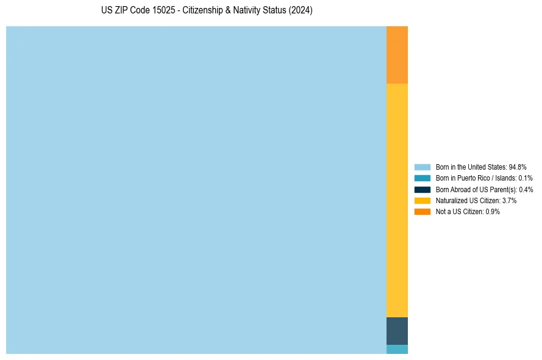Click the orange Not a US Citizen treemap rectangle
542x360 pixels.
(x=397, y=55)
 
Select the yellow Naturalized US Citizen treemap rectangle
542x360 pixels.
(x=397, y=200)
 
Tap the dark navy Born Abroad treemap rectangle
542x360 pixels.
(x=397, y=331)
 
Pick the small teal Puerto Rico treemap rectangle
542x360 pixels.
(x=397, y=349)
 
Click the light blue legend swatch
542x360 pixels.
(x=422, y=167)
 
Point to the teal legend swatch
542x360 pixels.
(x=422, y=178)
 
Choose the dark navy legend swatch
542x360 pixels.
(x=422, y=189)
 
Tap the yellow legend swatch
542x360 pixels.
(x=422, y=200)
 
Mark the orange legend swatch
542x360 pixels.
(x=422, y=211)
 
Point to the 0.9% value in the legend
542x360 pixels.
(x=493, y=211)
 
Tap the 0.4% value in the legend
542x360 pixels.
(x=526, y=189)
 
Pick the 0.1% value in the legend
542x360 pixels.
(x=525, y=178)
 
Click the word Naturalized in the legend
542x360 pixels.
(x=451, y=200)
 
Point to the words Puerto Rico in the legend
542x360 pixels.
(x=475, y=178)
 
